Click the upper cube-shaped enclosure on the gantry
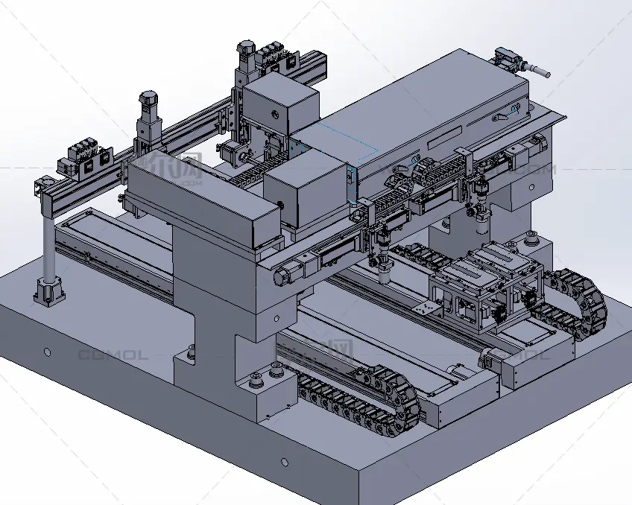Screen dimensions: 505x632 pos(281,108)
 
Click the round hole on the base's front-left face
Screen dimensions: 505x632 pos(47,351)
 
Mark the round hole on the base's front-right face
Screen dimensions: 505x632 pos(284,462)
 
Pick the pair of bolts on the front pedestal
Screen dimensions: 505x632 pos(257,380)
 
